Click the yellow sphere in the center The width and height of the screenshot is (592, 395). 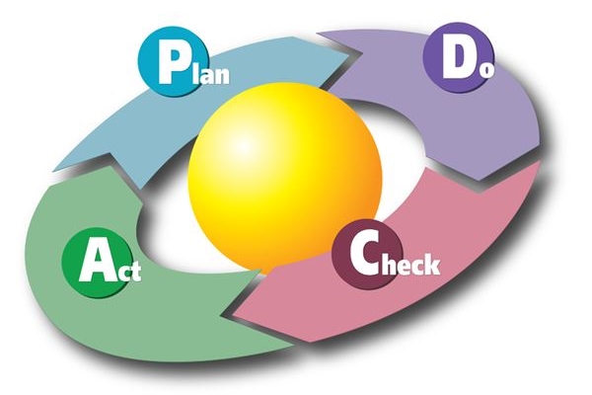(x=285, y=178)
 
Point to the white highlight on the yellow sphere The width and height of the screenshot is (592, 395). (x=244, y=145)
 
